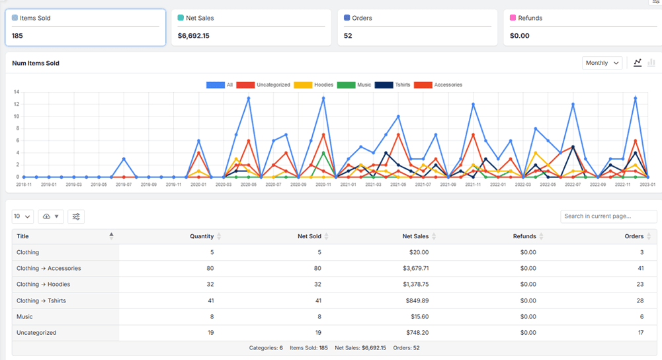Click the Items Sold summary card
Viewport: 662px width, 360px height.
[x=85, y=27]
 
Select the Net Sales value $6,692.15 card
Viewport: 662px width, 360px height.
[x=251, y=27]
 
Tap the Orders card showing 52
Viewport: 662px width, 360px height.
[x=417, y=27]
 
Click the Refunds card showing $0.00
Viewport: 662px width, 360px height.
[x=582, y=27]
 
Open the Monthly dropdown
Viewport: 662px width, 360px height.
[x=602, y=63]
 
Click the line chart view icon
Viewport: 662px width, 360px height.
[x=638, y=63]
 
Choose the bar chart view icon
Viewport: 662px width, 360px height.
[x=651, y=63]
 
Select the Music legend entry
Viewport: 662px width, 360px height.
[x=355, y=85]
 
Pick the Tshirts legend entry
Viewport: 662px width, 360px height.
[x=393, y=85]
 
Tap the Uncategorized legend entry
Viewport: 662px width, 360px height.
[x=265, y=85]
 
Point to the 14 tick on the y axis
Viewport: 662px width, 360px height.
[x=16, y=92]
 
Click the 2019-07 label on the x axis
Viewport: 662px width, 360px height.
[x=124, y=184]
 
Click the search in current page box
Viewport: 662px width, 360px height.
[x=608, y=216]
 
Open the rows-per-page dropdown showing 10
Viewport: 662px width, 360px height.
[x=23, y=216]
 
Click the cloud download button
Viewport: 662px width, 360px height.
[x=51, y=216]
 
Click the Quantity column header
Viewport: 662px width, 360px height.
[x=202, y=236]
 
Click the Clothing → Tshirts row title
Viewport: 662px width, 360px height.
[x=41, y=300]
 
